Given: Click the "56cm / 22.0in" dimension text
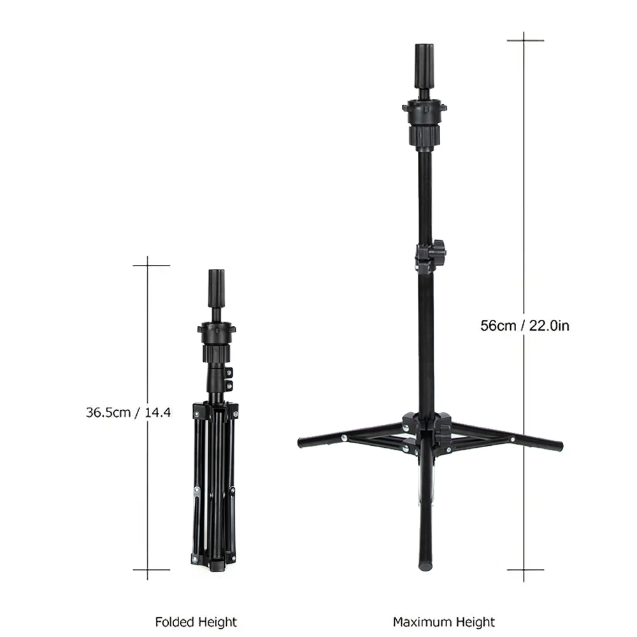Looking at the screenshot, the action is tap(524, 326).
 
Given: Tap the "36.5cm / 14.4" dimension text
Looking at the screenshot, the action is tap(129, 412).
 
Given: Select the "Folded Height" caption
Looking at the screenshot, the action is tap(196, 622).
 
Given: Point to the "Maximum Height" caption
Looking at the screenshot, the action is tap(443, 622).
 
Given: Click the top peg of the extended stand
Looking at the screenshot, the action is tap(424, 66).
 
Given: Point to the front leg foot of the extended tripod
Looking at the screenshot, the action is tap(425, 564).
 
